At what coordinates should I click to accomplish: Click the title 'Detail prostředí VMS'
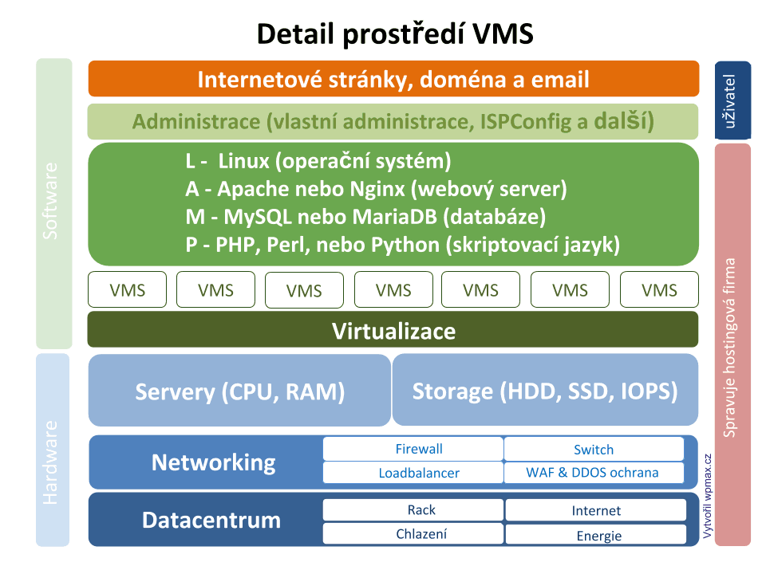pyautogui.click(x=394, y=34)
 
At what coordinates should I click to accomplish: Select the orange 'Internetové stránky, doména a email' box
pyautogui.click(x=393, y=80)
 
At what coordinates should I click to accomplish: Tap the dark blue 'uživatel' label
pyautogui.click(x=732, y=100)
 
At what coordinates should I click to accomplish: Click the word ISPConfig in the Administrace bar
pyautogui.click(x=532, y=122)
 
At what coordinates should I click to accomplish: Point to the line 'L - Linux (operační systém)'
pyautogui.click(x=318, y=161)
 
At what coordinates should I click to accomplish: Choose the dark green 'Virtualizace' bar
pyautogui.click(x=393, y=332)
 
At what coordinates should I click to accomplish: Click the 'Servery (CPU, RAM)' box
pyautogui.click(x=239, y=391)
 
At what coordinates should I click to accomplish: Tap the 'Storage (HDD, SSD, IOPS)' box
pyautogui.click(x=545, y=391)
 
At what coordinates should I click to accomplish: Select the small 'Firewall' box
pyautogui.click(x=413, y=449)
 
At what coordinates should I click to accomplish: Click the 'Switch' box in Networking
pyautogui.click(x=594, y=450)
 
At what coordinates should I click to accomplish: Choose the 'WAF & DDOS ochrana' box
pyautogui.click(x=594, y=473)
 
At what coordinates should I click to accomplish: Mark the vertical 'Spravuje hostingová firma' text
pyautogui.click(x=732, y=347)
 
